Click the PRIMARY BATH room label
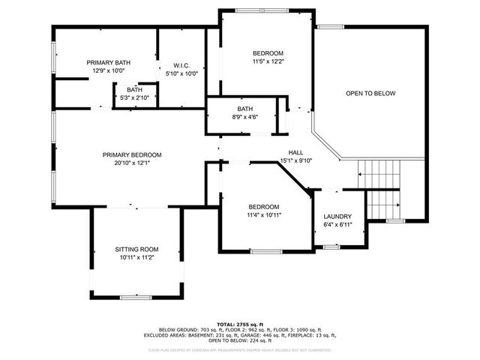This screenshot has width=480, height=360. coord(108,62)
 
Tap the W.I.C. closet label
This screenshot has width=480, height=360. coord(181,65)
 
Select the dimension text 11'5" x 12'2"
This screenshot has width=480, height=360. coord(268,61)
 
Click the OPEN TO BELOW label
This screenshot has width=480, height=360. coord(370,94)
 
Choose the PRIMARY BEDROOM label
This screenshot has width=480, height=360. coord(132,154)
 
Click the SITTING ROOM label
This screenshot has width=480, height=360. coord(136,248)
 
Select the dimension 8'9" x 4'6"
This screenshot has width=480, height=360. coord(245,117)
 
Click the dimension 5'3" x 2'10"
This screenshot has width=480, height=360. coord(134,97)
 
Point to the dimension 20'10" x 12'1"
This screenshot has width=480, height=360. coord(132,163)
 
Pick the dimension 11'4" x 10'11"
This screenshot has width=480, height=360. coord(264,215)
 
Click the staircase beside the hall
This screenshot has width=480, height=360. coord(379,187)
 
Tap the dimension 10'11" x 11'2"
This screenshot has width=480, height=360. coord(136,257)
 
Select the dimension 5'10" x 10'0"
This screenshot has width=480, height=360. coord(181,73)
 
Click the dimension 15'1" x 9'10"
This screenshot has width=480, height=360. coord(295,160)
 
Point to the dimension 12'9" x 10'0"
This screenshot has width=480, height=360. coord(108,70)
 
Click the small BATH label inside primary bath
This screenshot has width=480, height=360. coord(134,89)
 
